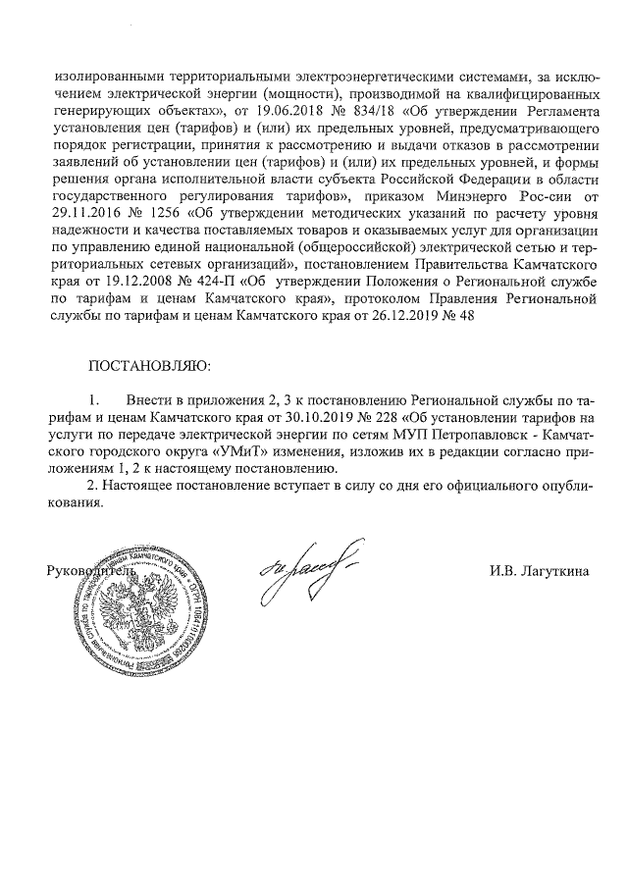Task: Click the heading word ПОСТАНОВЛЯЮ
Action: (x=149, y=368)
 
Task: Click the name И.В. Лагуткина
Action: (x=540, y=570)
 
